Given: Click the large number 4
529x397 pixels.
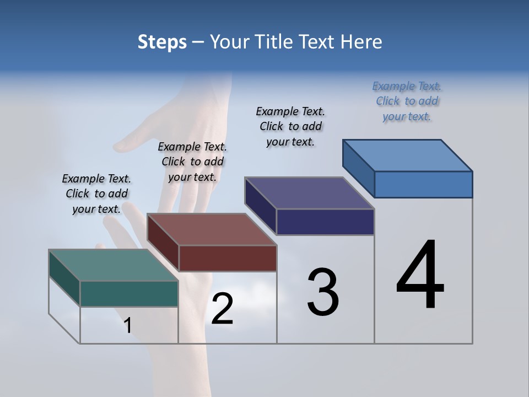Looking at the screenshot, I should click(420, 276).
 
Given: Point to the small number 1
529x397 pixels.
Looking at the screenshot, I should click(127, 325).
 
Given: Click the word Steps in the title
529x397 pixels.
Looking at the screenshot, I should click(162, 42).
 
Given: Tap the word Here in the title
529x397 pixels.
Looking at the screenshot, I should click(361, 42).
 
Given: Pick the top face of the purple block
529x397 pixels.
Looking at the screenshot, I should click(309, 193).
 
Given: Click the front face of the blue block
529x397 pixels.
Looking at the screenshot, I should click(423, 184).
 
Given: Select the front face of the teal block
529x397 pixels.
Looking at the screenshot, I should click(129, 293).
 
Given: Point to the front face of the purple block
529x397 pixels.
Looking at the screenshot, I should click(325, 222).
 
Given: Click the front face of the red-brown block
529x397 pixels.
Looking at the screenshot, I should click(228, 258).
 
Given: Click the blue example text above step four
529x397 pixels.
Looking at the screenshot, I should click(407, 101).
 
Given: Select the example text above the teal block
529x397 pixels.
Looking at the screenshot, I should click(96, 194).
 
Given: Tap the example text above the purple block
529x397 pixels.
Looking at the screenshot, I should click(290, 126).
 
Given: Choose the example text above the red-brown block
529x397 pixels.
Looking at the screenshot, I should click(192, 162).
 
